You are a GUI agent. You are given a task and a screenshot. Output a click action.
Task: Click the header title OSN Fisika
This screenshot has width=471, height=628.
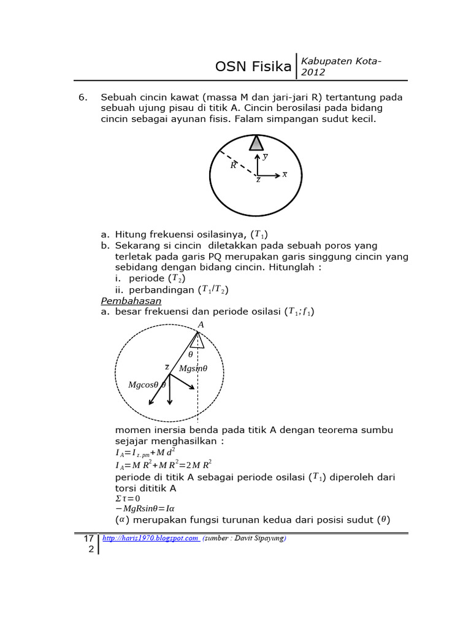pyautogui.click(x=253, y=67)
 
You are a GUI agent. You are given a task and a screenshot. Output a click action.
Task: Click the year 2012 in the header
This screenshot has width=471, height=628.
pyautogui.click(x=313, y=72)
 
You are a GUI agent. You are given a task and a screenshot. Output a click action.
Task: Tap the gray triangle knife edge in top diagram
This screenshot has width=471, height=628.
pyautogui.click(x=256, y=143)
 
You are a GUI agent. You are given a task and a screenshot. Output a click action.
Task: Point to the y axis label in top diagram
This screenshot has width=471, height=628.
pyautogui.click(x=265, y=156)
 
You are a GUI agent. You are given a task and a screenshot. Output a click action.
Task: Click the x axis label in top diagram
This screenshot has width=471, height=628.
pyautogui.click(x=285, y=174)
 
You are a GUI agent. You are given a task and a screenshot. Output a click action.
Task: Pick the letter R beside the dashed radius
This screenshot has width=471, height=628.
pyautogui.click(x=233, y=165)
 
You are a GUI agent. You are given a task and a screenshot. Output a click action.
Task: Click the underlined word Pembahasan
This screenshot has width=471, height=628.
pyautogui.click(x=131, y=301)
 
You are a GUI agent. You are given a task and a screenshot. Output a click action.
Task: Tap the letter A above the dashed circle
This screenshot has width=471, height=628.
pyautogui.click(x=201, y=324)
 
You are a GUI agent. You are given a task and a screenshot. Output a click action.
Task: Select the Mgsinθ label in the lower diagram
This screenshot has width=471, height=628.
pyautogui.click(x=193, y=369)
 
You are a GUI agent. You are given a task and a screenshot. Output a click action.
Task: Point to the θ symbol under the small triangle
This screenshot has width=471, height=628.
pyautogui.click(x=190, y=354)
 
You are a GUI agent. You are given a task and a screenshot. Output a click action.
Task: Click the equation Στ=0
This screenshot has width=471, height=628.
pyautogui.click(x=128, y=499)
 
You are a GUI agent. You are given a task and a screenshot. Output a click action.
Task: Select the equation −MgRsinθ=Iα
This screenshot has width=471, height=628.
pyautogui.click(x=145, y=509)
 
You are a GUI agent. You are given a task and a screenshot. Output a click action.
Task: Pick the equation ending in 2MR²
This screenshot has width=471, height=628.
pyautogui.click(x=164, y=465)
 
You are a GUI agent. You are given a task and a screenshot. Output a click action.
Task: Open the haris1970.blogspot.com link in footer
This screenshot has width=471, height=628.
pyautogui.click(x=150, y=538)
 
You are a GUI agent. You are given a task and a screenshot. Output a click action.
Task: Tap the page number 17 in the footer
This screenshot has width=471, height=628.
pyautogui.click(x=88, y=538)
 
